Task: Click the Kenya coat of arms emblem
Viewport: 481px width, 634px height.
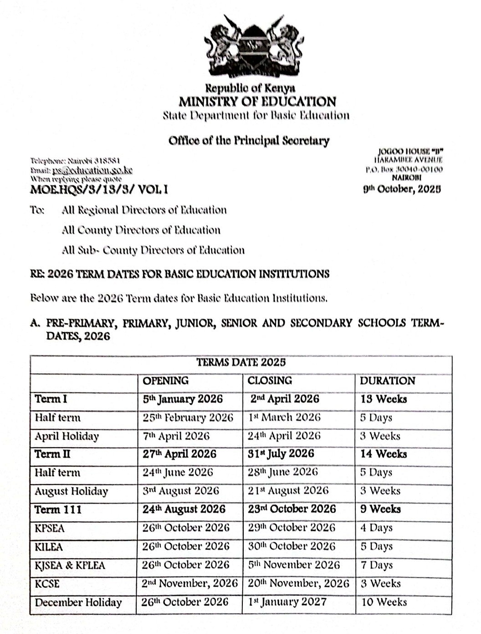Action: [253, 46]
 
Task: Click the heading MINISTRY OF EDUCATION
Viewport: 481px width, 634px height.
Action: [257, 102]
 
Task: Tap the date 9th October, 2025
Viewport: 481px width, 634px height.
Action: [402, 189]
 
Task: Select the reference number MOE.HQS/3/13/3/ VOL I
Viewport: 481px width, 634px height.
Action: [99, 189]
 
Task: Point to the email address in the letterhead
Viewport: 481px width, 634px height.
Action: [92, 170]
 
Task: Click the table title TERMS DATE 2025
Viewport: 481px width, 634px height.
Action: [241, 363]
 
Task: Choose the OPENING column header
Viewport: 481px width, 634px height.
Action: [166, 381]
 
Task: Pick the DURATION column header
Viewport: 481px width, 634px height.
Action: [387, 381]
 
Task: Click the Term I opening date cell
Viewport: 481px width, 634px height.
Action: [183, 399]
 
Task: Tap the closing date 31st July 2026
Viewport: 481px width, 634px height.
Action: [281, 454]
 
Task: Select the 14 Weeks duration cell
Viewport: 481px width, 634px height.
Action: [384, 454]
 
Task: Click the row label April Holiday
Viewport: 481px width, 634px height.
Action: [67, 436]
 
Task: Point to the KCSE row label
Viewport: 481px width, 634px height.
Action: [47, 584]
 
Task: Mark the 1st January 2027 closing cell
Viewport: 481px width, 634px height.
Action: [287, 602]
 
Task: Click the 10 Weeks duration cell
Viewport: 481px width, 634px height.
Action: [384, 602]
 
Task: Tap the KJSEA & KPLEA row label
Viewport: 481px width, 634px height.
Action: [70, 566]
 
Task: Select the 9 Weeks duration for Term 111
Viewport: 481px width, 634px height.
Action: [380, 509]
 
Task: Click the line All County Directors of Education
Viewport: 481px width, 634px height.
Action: [141, 230]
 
